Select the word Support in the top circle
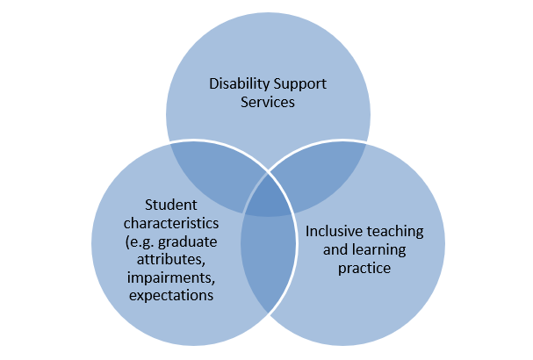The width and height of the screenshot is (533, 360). click(294, 85)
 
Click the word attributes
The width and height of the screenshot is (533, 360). click(165, 260)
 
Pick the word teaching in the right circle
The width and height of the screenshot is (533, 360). click(397, 232)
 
